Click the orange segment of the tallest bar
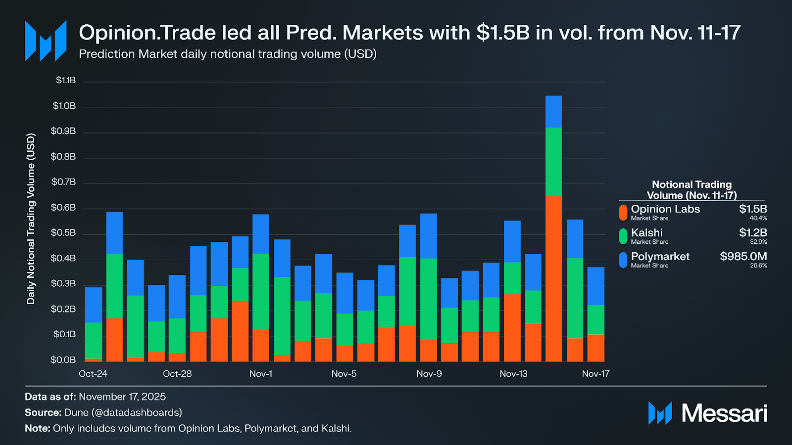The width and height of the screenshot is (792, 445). tap(553, 278)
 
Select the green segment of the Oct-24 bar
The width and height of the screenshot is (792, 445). tap(94, 340)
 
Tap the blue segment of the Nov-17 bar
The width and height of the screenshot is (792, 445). tap(595, 286)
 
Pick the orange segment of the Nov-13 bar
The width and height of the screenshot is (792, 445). tap(512, 327)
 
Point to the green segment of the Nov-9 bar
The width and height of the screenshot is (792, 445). tap(428, 299)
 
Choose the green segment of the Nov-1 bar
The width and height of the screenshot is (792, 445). tap(261, 291)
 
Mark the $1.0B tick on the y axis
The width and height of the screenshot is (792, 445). tap(64, 106)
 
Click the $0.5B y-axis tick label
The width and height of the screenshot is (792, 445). tap(63, 233)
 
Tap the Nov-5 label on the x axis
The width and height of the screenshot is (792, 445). tap(344, 374)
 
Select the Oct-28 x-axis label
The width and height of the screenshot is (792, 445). tap(177, 374)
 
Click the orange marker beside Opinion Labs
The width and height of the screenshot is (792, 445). tap(623, 212)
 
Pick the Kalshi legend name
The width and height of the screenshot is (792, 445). tap(646, 232)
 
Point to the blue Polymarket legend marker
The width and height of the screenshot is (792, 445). tap(623, 260)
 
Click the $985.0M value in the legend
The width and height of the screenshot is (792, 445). tap(743, 256)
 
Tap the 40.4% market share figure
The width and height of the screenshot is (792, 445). tap(758, 218)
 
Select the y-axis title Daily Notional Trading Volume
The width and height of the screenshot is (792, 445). tap(31, 219)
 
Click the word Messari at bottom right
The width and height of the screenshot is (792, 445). tap(724, 413)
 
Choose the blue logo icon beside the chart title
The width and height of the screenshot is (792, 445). tap(46, 41)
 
